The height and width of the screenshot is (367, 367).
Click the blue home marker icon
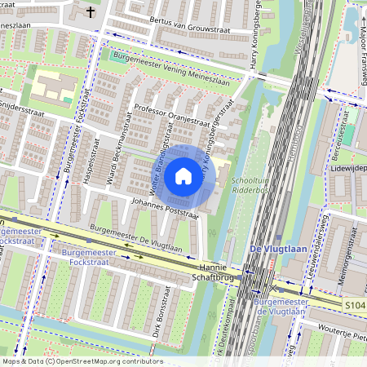tap(183, 176)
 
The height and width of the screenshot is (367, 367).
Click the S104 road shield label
tap(352, 303)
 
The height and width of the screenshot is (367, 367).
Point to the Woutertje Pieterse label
tap(338, 332)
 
